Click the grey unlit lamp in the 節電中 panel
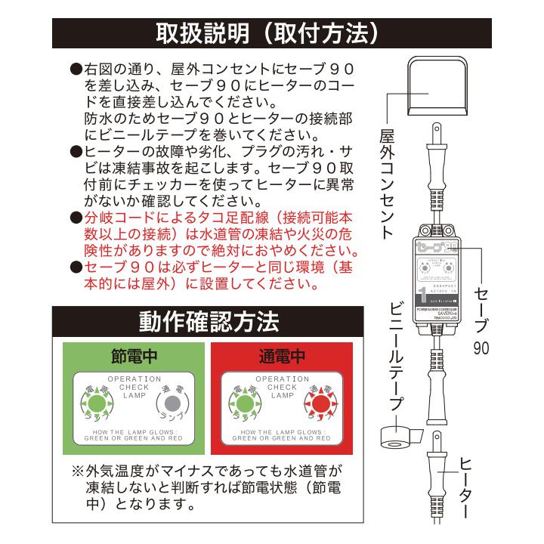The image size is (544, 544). pyautogui.click(x=172, y=401)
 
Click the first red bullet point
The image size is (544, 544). pyautogui.click(x=76, y=218)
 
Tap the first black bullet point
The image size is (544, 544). pyautogui.click(x=76, y=69)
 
